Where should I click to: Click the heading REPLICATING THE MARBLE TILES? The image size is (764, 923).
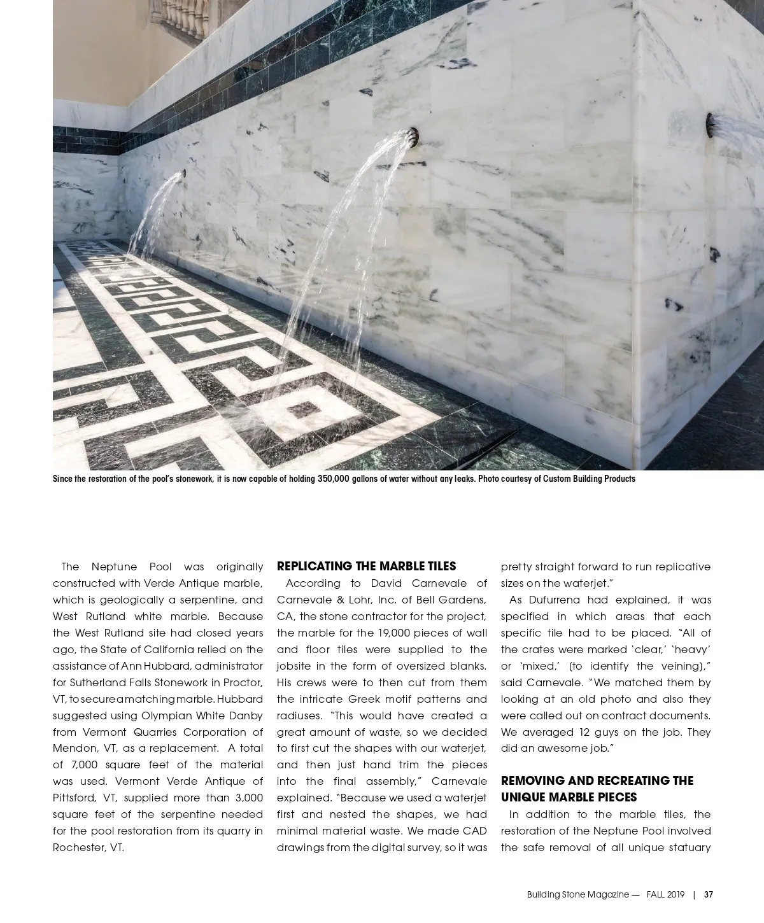point(366,567)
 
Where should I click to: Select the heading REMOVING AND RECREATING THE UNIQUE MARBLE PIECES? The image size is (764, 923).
point(597,789)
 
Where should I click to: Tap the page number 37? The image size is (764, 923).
point(708,894)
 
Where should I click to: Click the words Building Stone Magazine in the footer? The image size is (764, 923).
point(577,894)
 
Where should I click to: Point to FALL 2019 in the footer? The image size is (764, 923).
point(665,894)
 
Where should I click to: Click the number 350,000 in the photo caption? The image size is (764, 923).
point(333,479)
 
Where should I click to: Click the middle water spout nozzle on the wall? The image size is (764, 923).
point(414,136)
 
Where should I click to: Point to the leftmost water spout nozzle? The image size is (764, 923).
point(183,173)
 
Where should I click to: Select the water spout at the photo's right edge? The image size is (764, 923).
point(709,124)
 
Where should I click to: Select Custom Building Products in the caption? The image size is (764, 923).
point(589,479)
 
